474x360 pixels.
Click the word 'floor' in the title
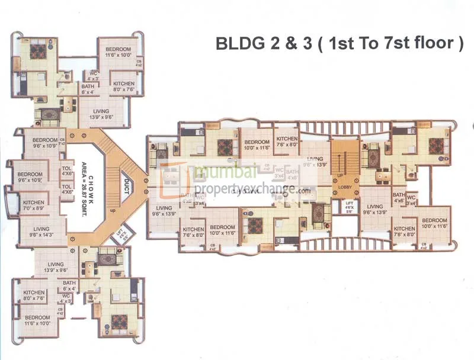(x=432, y=44)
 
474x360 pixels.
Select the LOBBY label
(x=345, y=187)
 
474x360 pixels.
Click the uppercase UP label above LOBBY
(x=339, y=176)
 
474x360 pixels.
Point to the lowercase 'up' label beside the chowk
(x=113, y=210)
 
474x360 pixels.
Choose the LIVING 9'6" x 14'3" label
(x=41, y=232)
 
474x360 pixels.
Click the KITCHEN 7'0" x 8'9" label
(x=33, y=205)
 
